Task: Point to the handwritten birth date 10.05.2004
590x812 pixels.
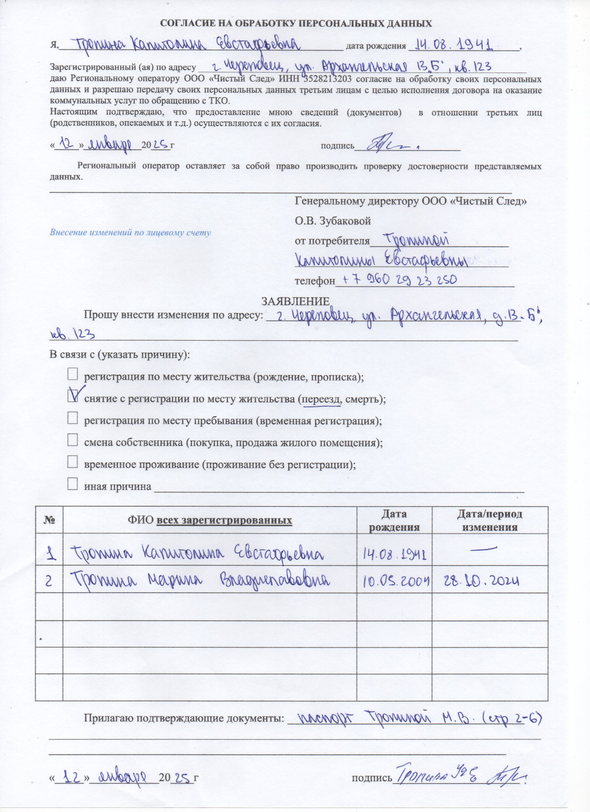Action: coord(394,581)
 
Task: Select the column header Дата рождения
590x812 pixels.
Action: coord(394,520)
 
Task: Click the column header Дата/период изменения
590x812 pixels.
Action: coord(489,520)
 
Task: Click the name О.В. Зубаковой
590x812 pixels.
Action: coord(333,221)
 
